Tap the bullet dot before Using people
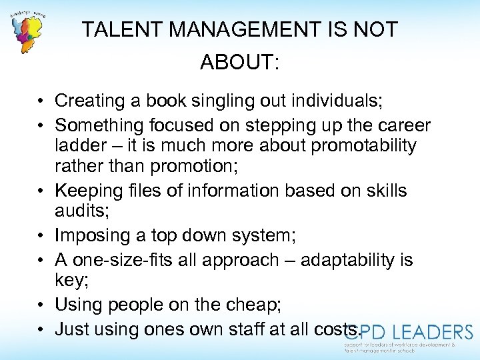[41, 305]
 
